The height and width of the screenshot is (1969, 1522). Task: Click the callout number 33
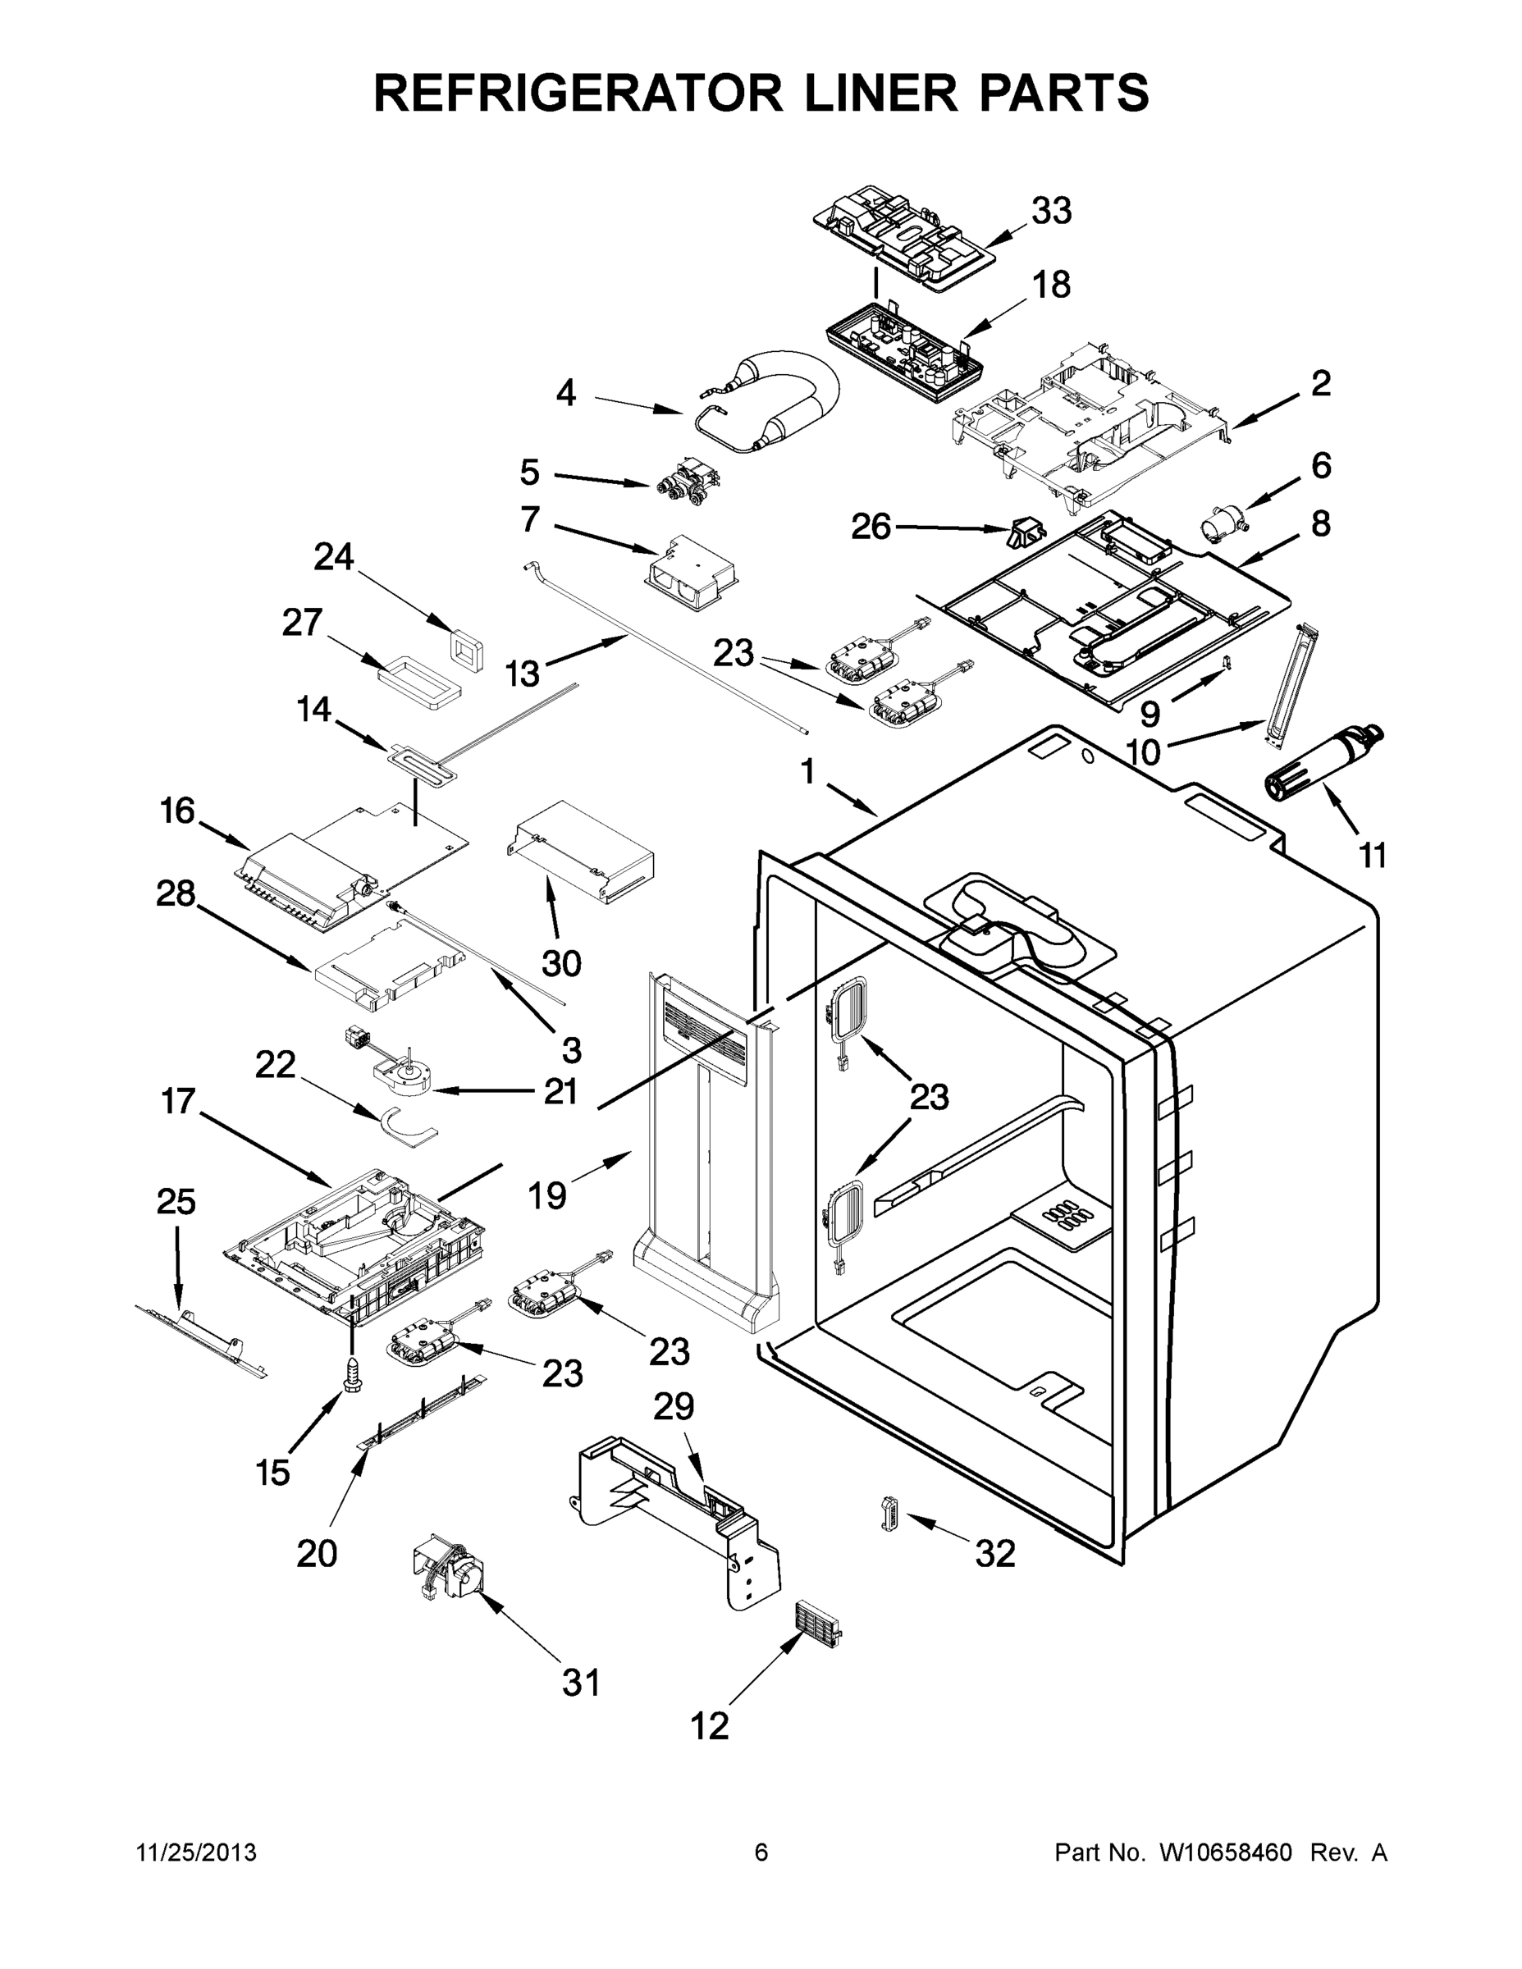[x=1051, y=212]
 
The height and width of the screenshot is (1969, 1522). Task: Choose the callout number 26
[x=871, y=527]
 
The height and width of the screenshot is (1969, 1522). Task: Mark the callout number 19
[x=547, y=1195]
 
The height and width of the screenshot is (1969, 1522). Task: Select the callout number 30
[x=561, y=964]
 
